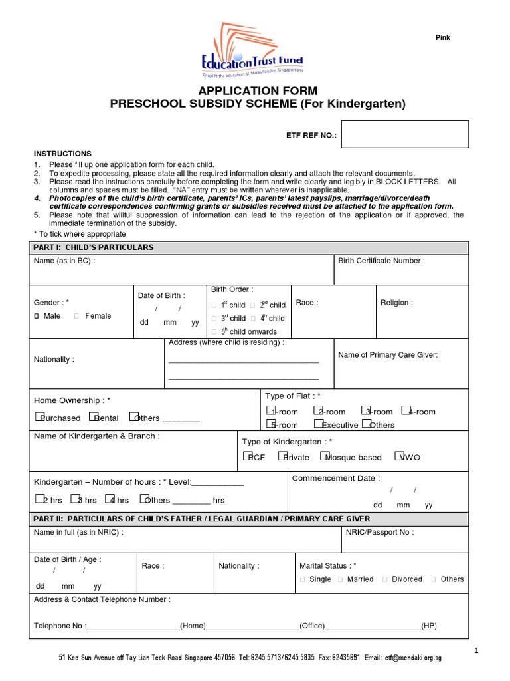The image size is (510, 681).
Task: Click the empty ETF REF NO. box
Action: tap(405, 134)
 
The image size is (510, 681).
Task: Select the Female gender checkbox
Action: tap(76, 316)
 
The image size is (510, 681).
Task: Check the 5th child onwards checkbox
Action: tap(214, 332)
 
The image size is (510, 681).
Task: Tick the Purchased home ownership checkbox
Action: tap(38, 417)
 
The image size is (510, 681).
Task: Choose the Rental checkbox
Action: tap(97, 417)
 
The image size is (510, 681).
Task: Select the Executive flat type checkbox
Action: tap(319, 424)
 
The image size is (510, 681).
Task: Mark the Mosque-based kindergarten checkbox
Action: tap(323, 456)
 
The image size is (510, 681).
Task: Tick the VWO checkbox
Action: tap(398, 456)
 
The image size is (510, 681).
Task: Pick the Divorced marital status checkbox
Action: tap(385, 579)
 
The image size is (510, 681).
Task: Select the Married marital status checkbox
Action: tap(341, 579)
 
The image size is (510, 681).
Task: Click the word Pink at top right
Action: tap(442, 38)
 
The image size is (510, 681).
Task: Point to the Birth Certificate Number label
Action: tap(381, 261)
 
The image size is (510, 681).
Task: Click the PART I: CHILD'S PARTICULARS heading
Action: tap(94, 247)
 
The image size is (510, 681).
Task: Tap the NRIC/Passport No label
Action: tap(380, 532)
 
